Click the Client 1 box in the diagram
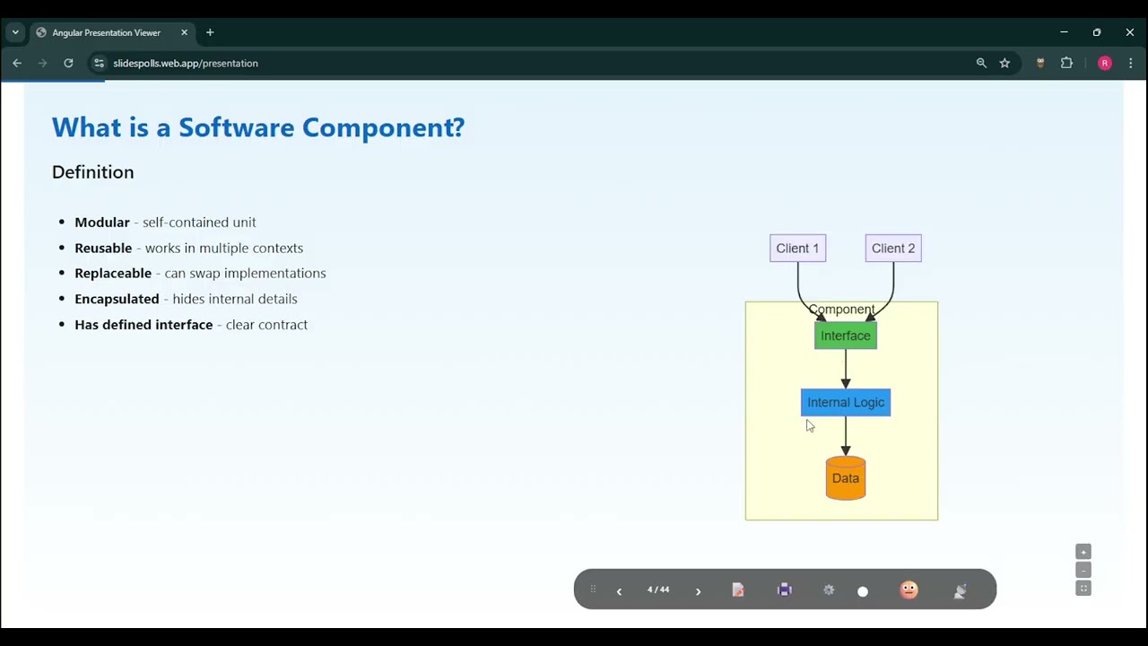(x=797, y=249)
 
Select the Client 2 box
(x=892, y=249)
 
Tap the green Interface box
(x=845, y=336)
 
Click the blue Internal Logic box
(x=845, y=403)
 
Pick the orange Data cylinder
(x=845, y=478)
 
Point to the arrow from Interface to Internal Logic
(x=845, y=369)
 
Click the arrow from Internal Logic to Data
(x=845, y=436)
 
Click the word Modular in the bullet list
(x=102, y=223)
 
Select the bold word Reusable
(x=103, y=249)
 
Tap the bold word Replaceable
(x=113, y=274)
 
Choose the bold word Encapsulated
(x=117, y=299)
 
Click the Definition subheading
(x=92, y=172)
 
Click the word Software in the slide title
(x=236, y=127)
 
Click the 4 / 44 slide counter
(x=658, y=590)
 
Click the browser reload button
(x=68, y=63)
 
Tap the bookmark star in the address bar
(x=1004, y=63)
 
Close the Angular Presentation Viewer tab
(x=184, y=32)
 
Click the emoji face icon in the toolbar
(x=909, y=589)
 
